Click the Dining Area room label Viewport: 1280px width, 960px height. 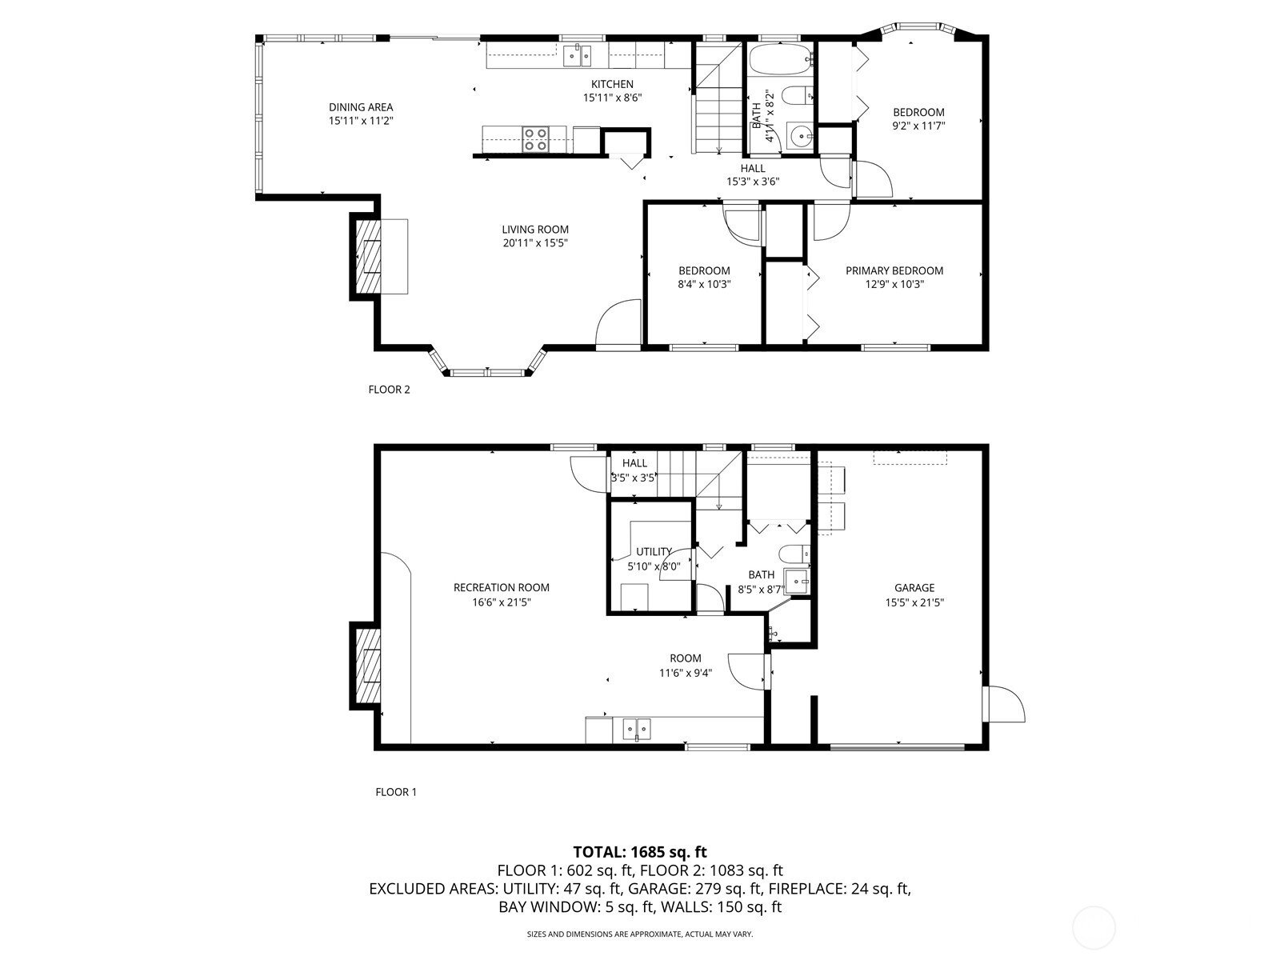tap(361, 107)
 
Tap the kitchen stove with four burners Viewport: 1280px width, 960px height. tap(535, 139)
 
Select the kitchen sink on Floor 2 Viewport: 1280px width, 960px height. tap(576, 56)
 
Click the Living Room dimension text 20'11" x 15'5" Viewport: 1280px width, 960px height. tap(535, 242)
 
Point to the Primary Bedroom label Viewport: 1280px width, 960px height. tap(894, 270)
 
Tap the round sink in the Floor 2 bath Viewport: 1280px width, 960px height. tap(798, 137)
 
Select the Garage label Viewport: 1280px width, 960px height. tap(914, 588)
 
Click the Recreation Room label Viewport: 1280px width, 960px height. tap(501, 587)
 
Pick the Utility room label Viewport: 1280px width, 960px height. tap(653, 551)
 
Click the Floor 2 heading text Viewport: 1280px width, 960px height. tap(389, 390)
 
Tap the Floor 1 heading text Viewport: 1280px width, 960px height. tap(396, 792)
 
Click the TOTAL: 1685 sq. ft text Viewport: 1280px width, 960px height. tap(640, 852)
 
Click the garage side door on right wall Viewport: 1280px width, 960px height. tap(1005, 704)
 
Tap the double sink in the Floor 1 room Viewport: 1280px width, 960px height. tap(637, 729)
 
